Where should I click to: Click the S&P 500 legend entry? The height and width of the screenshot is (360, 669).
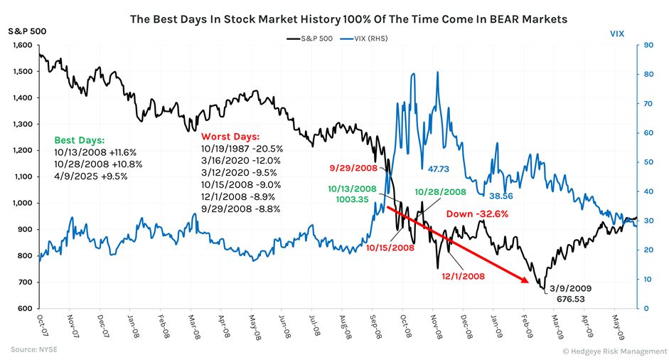point(311,38)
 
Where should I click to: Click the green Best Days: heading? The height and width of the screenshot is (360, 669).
point(79,140)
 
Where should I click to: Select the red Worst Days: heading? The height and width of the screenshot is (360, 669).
point(231,136)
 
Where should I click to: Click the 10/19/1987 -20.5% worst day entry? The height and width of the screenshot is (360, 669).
point(242,149)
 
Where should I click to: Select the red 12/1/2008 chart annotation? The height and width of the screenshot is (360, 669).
point(463,275)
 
